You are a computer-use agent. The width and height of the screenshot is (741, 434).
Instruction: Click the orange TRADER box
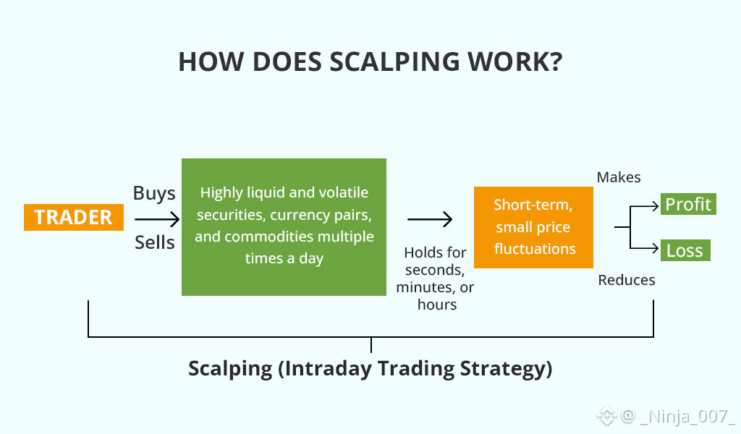pos(74,217)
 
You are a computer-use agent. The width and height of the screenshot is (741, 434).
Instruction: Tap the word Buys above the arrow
pos(154,194)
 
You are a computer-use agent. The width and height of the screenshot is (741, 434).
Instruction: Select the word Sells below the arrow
pos(155,242)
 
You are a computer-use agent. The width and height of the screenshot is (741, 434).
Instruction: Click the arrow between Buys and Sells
pos(157,219)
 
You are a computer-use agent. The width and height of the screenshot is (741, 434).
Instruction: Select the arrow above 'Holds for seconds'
pos(430,219)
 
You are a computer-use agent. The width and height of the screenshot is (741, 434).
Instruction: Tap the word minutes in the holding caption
pos(423,287)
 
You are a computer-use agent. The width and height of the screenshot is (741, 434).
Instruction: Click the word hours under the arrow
pos(437,305)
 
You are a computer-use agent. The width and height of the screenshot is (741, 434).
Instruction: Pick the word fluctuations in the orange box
pos(535,248)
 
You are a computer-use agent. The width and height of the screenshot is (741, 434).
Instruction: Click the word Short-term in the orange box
pos(533,205)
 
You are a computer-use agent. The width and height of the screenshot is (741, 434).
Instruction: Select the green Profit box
pos(689,204)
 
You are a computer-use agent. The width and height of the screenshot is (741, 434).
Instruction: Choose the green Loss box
pos(685,250)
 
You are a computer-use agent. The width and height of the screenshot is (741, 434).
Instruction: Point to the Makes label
pos(619,177)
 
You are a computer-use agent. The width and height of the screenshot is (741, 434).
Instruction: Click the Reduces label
pos(627,280)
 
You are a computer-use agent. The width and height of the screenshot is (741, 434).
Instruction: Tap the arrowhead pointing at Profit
pos(656,206)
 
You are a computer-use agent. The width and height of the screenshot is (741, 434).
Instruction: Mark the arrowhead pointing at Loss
pos(656,247)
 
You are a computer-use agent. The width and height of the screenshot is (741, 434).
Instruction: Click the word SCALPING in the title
pos(394,62)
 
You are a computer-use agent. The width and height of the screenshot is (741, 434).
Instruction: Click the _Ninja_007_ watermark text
pos(686,417)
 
